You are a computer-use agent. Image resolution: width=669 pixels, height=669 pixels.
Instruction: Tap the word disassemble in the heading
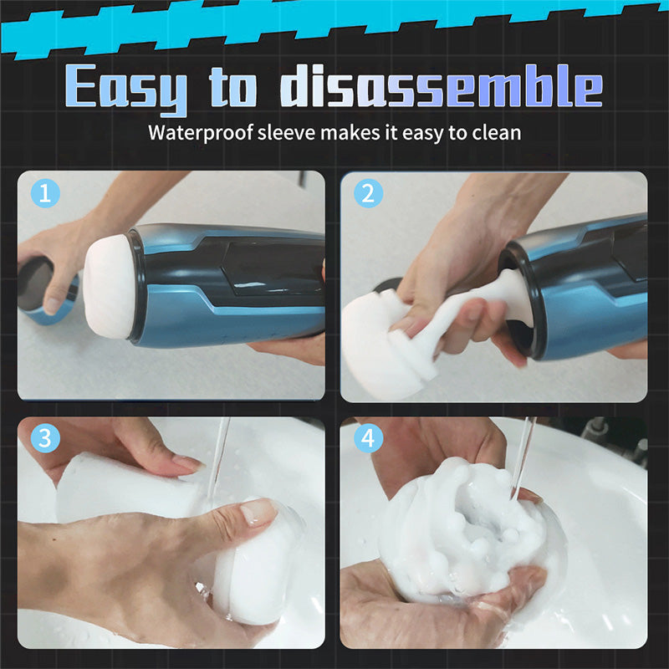click(442, 85)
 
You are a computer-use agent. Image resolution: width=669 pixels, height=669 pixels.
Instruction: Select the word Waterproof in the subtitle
click(201, 133)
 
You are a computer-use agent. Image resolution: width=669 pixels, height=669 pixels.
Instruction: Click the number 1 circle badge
click(45, 193)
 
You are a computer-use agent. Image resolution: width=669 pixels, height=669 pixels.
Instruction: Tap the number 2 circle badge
click(368, 193)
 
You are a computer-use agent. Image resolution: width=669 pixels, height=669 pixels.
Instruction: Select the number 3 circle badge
click(45, 438)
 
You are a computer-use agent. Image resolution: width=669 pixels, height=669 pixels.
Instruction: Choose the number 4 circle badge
click(368, 438)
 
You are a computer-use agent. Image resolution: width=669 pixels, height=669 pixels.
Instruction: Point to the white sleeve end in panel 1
click(109, 287)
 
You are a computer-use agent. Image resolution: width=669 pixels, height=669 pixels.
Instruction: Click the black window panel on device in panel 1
click(273, 268)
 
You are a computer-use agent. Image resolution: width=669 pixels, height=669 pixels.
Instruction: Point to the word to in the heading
click(233, 86)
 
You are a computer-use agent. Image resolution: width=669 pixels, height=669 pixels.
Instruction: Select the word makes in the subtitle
click(350, 132)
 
